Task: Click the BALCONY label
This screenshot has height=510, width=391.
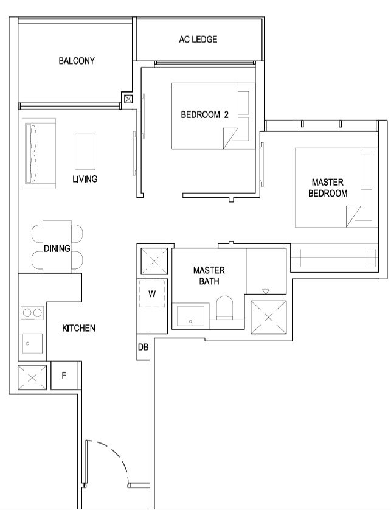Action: coord(77,61)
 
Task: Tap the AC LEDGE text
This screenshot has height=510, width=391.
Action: coord(198,40)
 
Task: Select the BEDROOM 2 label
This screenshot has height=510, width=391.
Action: coord(204,114)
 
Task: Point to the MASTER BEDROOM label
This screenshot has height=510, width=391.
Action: coord(328,187)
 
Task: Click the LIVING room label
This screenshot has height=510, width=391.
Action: coord(85,179)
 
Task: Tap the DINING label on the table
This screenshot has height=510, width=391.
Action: coord(57,248)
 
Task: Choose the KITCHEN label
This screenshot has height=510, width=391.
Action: coord(78,328)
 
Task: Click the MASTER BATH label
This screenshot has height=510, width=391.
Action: coord(209,276)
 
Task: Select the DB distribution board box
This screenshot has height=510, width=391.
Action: coord(143,347)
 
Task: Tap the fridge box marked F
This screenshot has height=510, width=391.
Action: coord(64,376)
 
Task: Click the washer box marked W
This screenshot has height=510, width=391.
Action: coord(152,294)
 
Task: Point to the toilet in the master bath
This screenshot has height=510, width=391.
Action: coord(224,307)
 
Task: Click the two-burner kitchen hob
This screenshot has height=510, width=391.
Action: coord(32,313)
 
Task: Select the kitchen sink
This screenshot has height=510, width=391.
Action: coord(32,343)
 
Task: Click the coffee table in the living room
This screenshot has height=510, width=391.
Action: coord(85,152)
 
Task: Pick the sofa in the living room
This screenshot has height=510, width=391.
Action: coord(39,153)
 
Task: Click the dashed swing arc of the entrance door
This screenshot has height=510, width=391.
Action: coord(112,457)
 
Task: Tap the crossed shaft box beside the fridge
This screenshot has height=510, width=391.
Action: coord(32,377)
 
